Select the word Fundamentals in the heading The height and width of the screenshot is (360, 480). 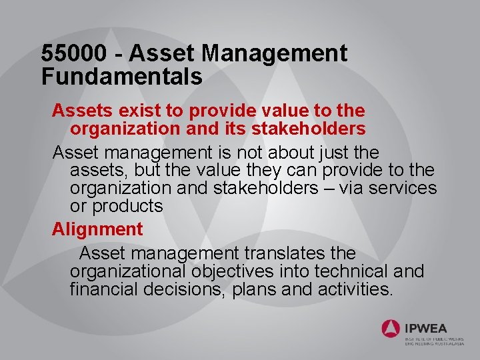coord(122,77)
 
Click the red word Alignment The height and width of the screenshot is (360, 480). coord(97,229)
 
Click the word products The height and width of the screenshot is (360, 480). coord(127,207)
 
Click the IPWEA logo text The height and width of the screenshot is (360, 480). coord(425,328)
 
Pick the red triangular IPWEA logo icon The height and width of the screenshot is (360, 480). coord(391,328)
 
